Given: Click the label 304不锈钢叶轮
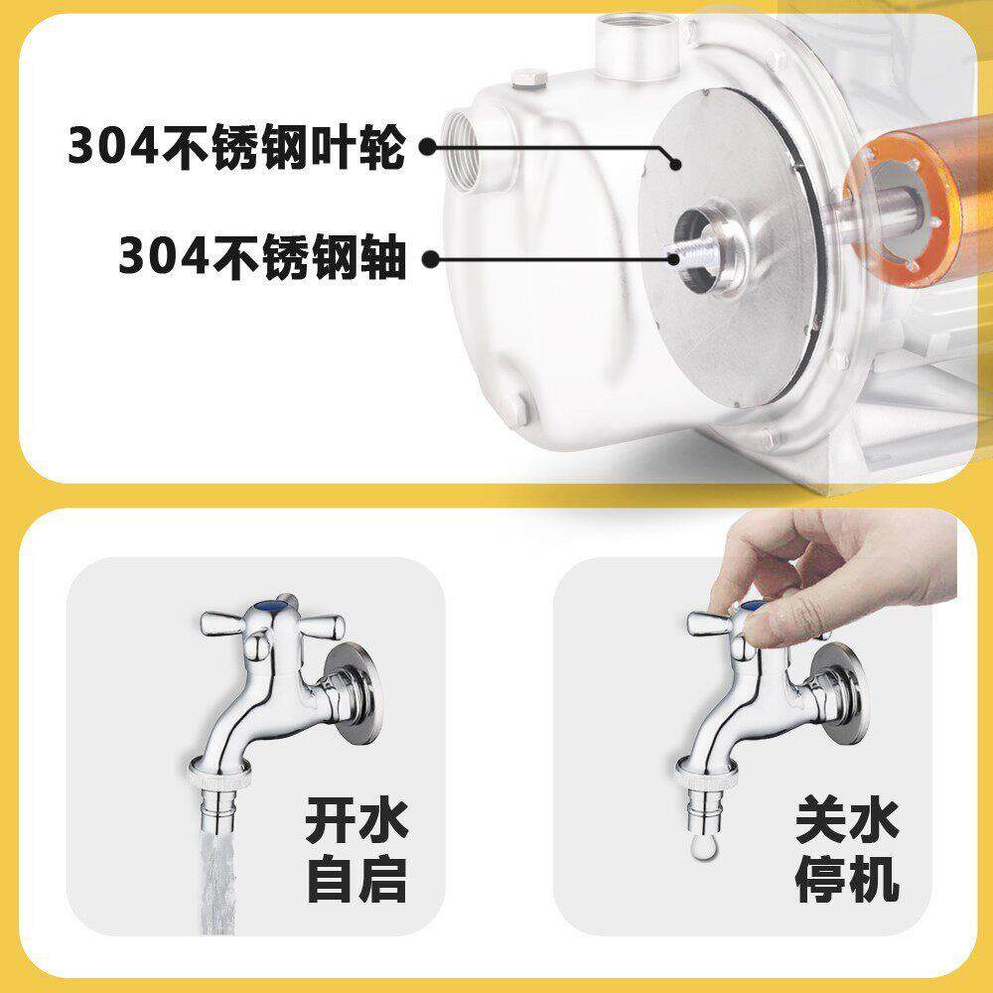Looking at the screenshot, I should pos(236,145).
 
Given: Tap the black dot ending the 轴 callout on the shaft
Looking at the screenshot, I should pos(676,258).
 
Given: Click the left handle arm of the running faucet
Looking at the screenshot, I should pos(223,626).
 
